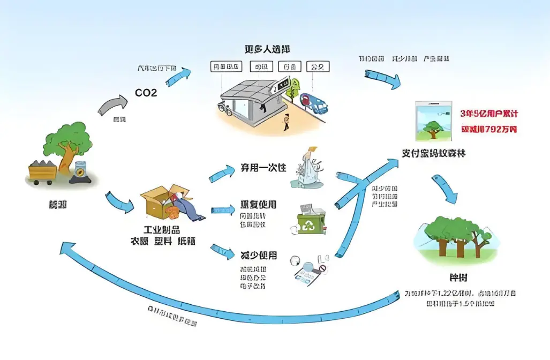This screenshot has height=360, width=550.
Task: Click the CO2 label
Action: click(x=146, y=93)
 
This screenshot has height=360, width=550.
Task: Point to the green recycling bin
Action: click(x=311, y=219)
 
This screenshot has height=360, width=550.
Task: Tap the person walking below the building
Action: click(x=286, y=122)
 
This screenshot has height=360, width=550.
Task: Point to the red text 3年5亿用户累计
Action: click(x=489, y=114)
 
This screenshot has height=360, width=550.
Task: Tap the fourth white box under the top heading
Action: click(x=318, y=66)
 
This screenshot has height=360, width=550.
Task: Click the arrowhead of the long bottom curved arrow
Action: click(x=68, y=248)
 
